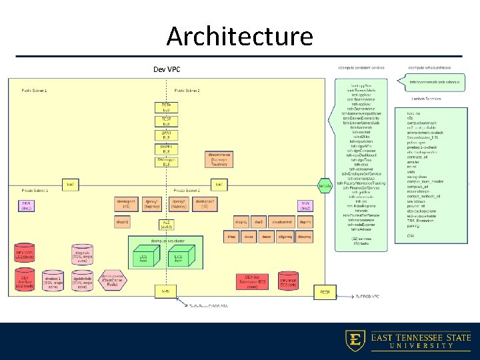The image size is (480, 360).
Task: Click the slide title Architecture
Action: [x=239, y=36]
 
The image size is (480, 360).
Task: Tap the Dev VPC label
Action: [x=167, y=69]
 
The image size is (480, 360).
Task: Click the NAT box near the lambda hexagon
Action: [x=218, y=183]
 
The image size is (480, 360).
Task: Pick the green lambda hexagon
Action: [x=324, y=185]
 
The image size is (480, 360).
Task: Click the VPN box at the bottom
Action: [x=165, y=291]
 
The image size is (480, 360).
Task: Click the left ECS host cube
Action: [x=143, y=257]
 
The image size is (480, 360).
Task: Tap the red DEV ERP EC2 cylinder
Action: [x=288, y=281]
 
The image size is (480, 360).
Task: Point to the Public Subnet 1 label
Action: [x=34, y=89]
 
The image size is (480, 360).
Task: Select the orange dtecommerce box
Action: [x=219, y=158]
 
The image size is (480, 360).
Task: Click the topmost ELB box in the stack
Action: [x=166, y=107]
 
